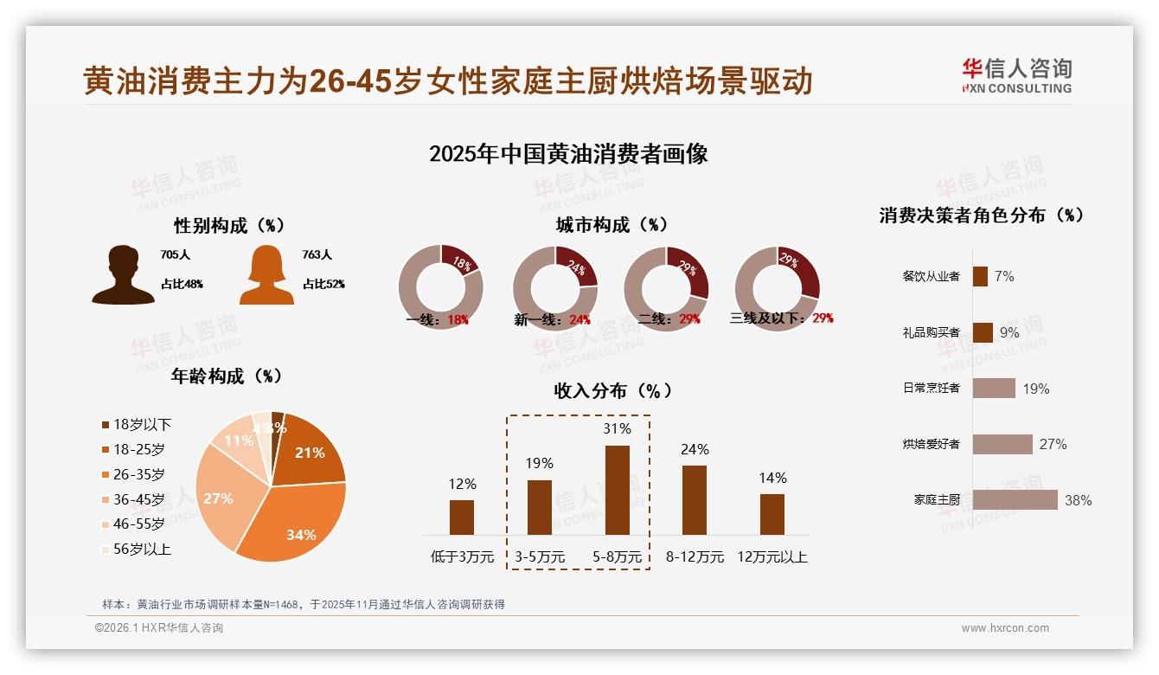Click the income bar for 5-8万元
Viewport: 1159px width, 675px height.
point(617,490)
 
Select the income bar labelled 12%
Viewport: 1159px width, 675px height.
point(462,517)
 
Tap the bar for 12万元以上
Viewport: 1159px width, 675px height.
point(772,514)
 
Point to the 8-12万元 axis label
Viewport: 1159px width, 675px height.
point(695,557)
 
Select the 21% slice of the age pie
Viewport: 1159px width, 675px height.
point(309,450)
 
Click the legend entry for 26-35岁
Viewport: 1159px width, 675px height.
point(138,474)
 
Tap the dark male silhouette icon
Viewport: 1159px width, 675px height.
point(124,275)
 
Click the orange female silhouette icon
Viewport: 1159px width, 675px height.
point(266,275)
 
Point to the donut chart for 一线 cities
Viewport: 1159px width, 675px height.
point(440,286)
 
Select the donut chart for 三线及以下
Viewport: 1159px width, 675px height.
point(776,286)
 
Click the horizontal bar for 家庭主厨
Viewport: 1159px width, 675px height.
point(1015,499)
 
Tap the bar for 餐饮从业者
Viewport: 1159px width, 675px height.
point(980,276)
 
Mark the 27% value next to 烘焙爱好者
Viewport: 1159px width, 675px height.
point(1053,444)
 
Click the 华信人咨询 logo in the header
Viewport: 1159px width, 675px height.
point(1016,75)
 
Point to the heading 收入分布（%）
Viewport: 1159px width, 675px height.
point(613,390)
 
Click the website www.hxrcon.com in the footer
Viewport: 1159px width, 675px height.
point(1005,628)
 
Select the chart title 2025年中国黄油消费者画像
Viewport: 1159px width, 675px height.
point(568,154)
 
